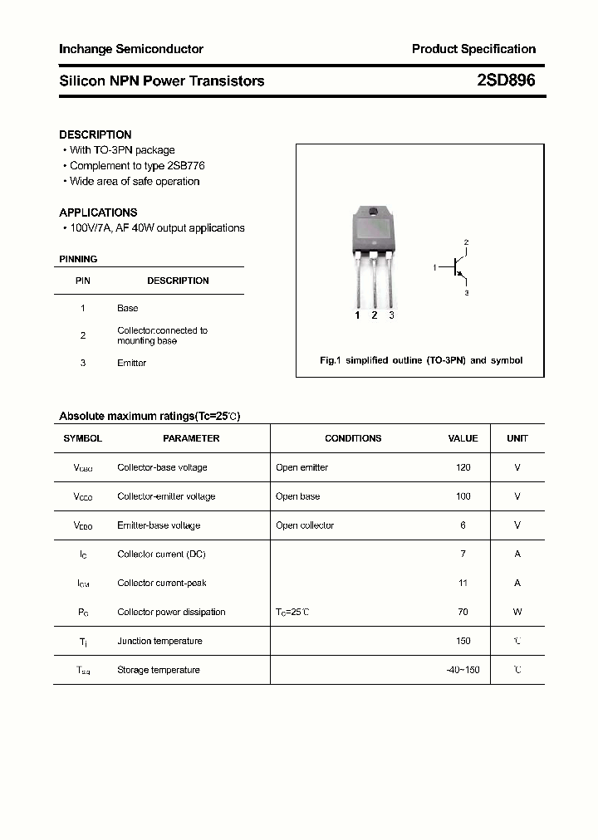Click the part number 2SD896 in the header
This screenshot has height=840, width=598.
tap(506, 81)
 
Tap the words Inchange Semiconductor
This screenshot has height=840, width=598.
tap(131, 50)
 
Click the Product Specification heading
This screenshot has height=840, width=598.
tap(473, 50)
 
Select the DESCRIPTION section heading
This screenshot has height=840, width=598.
tap(96, 134)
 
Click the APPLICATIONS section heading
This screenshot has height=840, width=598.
tap(98, 212)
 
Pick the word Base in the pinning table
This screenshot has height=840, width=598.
tap(128, 308)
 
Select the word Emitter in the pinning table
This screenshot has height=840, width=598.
tap(132, 363)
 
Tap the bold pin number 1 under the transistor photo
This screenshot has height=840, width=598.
tap(357, 315)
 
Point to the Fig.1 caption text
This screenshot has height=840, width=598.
tap(421, 361)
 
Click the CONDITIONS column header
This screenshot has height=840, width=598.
tap(353, 438)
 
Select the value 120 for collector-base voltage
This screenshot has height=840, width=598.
tap(463, 467)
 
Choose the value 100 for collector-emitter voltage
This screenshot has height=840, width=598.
tap(463, 496)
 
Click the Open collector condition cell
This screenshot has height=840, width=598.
tap(305, 525)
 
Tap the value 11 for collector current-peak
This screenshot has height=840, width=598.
tap(463, 583)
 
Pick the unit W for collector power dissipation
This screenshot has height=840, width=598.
tap(517, 612)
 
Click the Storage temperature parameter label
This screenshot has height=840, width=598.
tap(159, 670)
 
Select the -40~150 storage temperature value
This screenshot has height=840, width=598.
tap(463, 670)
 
